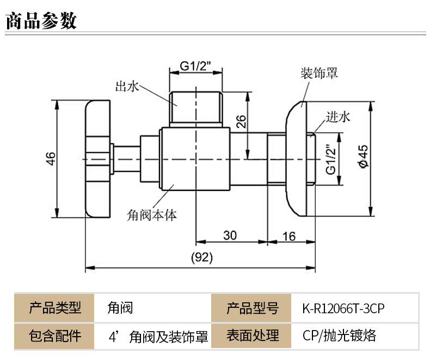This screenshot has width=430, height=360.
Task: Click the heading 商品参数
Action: [x=41, y=20]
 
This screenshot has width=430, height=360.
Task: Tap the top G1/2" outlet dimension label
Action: [x=195, y=67]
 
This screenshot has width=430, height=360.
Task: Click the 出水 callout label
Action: [x=127, y=86]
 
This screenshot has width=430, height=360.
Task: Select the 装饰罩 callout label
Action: [x=319, y=73]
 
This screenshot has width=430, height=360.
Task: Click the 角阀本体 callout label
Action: [x=152, y=214]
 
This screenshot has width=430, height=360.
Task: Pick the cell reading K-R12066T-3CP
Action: [x=343, y=308]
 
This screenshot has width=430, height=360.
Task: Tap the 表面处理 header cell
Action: [x=252, y=335]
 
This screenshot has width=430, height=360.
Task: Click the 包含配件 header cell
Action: [x=54, y=335]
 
